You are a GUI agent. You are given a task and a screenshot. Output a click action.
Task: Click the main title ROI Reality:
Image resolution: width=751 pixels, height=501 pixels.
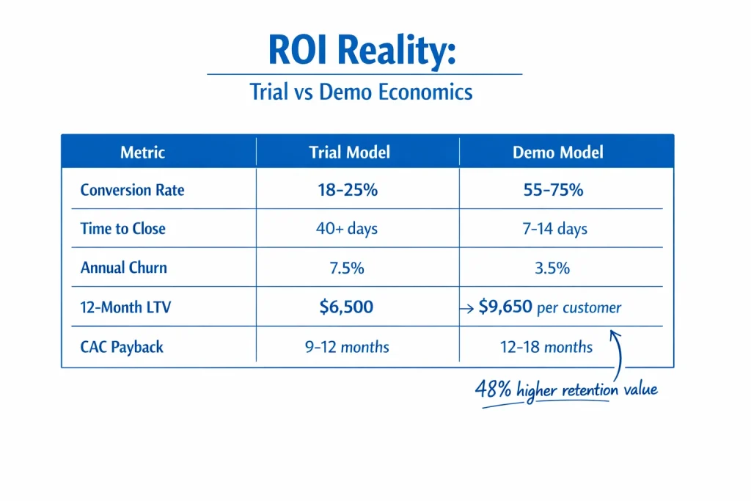pos(364,51)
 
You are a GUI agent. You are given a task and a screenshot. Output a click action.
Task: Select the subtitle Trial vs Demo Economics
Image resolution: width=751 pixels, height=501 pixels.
pos(361,92)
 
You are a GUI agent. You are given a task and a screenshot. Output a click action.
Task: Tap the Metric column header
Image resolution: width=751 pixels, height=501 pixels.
pos(142,153)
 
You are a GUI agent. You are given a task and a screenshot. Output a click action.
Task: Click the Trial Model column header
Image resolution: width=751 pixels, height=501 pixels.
pos(349,153)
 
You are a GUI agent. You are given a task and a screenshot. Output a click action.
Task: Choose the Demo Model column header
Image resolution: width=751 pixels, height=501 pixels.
pos(558,153)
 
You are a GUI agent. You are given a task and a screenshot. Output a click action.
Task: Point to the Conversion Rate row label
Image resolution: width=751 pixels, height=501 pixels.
pos(132,190)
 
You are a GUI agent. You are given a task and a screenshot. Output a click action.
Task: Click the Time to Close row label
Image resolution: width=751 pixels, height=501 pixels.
pos(122,229)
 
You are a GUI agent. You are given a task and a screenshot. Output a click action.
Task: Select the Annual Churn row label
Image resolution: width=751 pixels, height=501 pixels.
pos(123,268)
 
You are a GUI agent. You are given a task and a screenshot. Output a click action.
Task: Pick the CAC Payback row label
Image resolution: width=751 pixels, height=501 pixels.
pos(122,345)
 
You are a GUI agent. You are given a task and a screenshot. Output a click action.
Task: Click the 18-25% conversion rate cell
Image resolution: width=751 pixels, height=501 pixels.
pos(348,190)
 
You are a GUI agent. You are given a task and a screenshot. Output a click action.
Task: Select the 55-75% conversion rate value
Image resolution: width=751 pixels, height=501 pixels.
pos(552,190)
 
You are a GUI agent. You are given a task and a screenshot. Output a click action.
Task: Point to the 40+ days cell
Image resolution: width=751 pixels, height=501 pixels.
pos(346,229)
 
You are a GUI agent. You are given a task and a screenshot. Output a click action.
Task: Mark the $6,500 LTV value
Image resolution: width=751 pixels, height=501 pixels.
pos(346,307)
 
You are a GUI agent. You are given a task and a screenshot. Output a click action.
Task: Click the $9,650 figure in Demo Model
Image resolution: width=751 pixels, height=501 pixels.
pos(505,307)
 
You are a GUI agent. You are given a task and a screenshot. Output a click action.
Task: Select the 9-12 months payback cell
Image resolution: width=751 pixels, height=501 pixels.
pos(346,345)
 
